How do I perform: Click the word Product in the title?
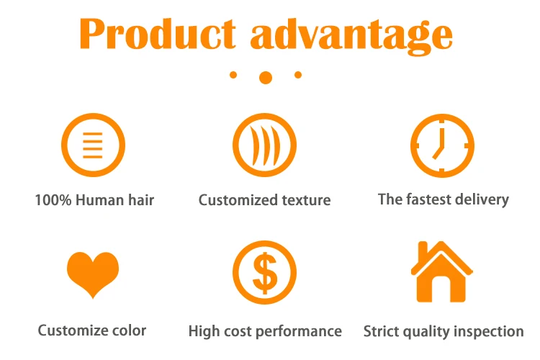point(158,34)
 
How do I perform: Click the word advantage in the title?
point(351,37)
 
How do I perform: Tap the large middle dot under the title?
point(266,78)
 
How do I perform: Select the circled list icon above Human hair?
point(93,145)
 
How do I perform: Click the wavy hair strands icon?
point(264,145)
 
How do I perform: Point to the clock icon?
point(442,145)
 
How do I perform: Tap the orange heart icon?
point(93,274)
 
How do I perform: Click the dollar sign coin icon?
point(264,272)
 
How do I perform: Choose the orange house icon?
point(442,272)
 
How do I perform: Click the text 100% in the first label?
point(53,200)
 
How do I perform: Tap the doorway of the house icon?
point(442,289)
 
